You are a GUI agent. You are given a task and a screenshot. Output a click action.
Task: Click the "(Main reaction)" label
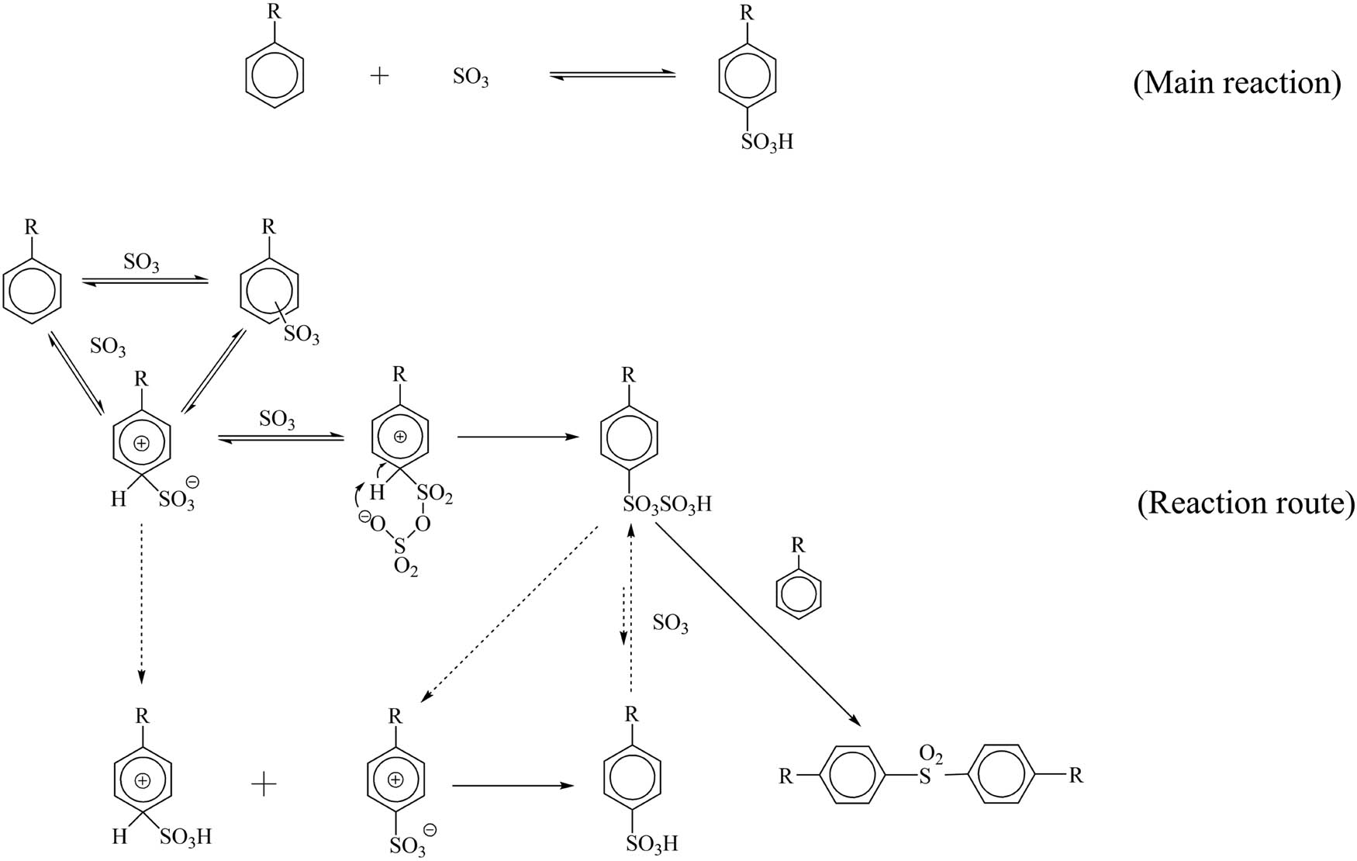pyautogui.click(x=1236, y=83)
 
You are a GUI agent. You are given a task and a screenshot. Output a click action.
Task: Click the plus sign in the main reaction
pyautogui.click(x=379, y=76)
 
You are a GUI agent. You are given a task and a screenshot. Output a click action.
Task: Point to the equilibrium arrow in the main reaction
pyautogui.click(x=612, y=75)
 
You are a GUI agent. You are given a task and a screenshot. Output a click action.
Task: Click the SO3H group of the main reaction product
pyautogui.click(x=767, y=143)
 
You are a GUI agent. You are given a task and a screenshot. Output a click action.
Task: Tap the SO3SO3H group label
pyautogui.click(x=667, y=505)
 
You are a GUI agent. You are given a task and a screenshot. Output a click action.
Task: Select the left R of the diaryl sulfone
pyautogui.click(x=786, y=776)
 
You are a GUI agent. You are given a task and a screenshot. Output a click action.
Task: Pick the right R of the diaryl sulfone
pyautogui.click(x=1076, y=775)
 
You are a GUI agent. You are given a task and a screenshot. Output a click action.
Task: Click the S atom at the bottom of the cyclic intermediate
pyautogui.click(x=400, y=547)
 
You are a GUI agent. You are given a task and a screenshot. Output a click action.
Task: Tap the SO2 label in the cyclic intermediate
pyautogui.click(x=435, y=494)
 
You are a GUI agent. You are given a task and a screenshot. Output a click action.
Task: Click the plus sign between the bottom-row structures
pyautogui.click(x=264, y=785)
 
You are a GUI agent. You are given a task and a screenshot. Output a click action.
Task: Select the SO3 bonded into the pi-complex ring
pyautogui.click(x=301, y=335)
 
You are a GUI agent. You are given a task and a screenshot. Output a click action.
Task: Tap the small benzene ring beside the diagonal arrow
pyautogui.click(x=799, y=593)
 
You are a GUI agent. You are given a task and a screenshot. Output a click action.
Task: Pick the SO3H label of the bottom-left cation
pyautogui.click(x=185, y=837)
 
